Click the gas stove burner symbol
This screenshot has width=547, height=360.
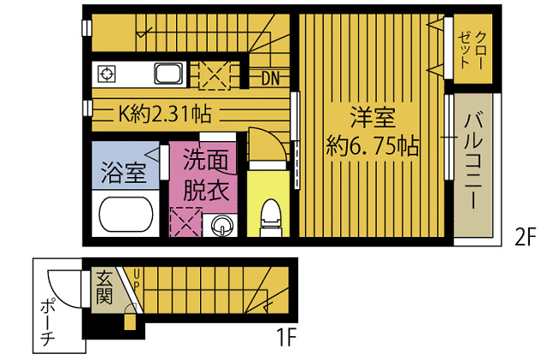tap(106, 74)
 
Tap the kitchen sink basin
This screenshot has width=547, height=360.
tap(168, 74)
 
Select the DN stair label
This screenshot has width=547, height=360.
tap(271, 79)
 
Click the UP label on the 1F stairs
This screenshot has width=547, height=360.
tap(137, 279)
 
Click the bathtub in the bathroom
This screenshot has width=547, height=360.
tap(126, 214)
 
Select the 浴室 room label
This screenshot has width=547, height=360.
tap(124, 173)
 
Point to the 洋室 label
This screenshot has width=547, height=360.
tap(373, 117)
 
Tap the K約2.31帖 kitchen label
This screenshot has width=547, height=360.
tap(165, 114)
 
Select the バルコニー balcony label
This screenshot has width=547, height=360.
tap(473, 161)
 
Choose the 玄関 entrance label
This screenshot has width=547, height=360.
tap(104, 287)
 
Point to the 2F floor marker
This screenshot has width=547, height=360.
tap(525, 238)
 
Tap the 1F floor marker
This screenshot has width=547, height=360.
tap(286, 337)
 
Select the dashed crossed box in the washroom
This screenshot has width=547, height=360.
tap(186, 222)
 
